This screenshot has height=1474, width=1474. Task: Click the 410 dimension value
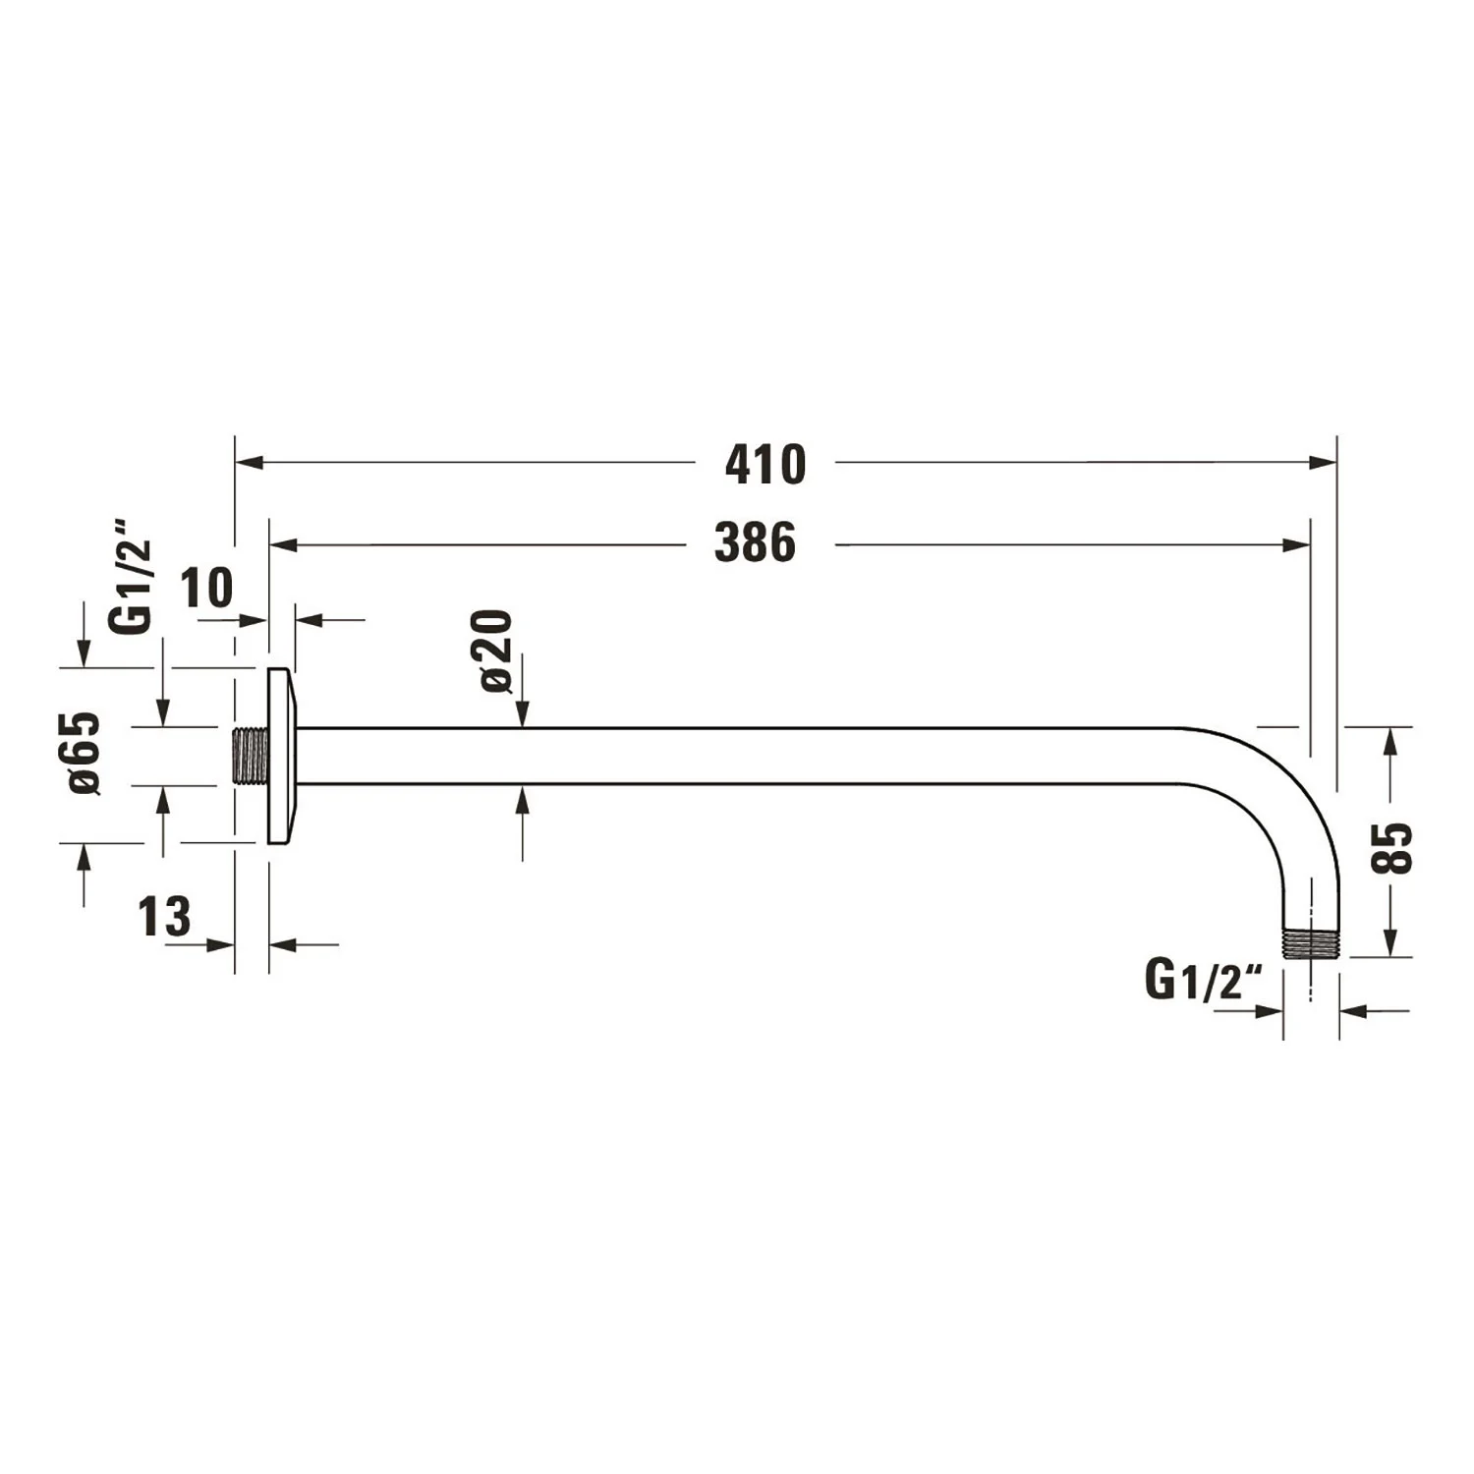(765, 465)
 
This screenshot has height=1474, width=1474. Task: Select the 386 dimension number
(755, 543)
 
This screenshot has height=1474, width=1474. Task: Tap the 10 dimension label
(206, 589)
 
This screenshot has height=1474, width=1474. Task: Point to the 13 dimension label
(164, 917)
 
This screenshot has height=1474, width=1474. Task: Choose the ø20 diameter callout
(496, 652)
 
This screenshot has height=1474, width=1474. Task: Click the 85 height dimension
(1392, 848)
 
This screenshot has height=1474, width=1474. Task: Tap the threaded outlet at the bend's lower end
(1310, 943)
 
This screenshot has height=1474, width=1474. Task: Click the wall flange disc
(281, 756)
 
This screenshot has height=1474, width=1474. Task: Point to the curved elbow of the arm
(1277, 786)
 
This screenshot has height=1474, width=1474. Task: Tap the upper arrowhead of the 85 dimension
(1389, 741)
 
